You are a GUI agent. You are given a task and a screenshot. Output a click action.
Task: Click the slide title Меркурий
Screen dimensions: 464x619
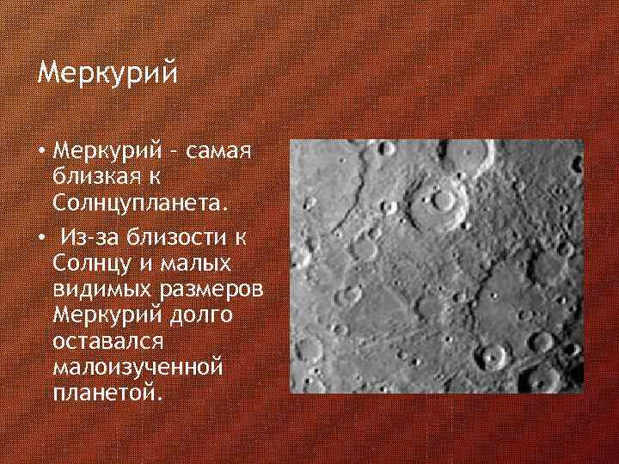pyautogui.click(x=107, y=73)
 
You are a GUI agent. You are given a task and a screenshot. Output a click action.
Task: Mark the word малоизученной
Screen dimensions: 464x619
pyautogui.click(x=138, y=367)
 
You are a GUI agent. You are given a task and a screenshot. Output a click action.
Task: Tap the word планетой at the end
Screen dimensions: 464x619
pyautogui.click(x=105, y=392)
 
